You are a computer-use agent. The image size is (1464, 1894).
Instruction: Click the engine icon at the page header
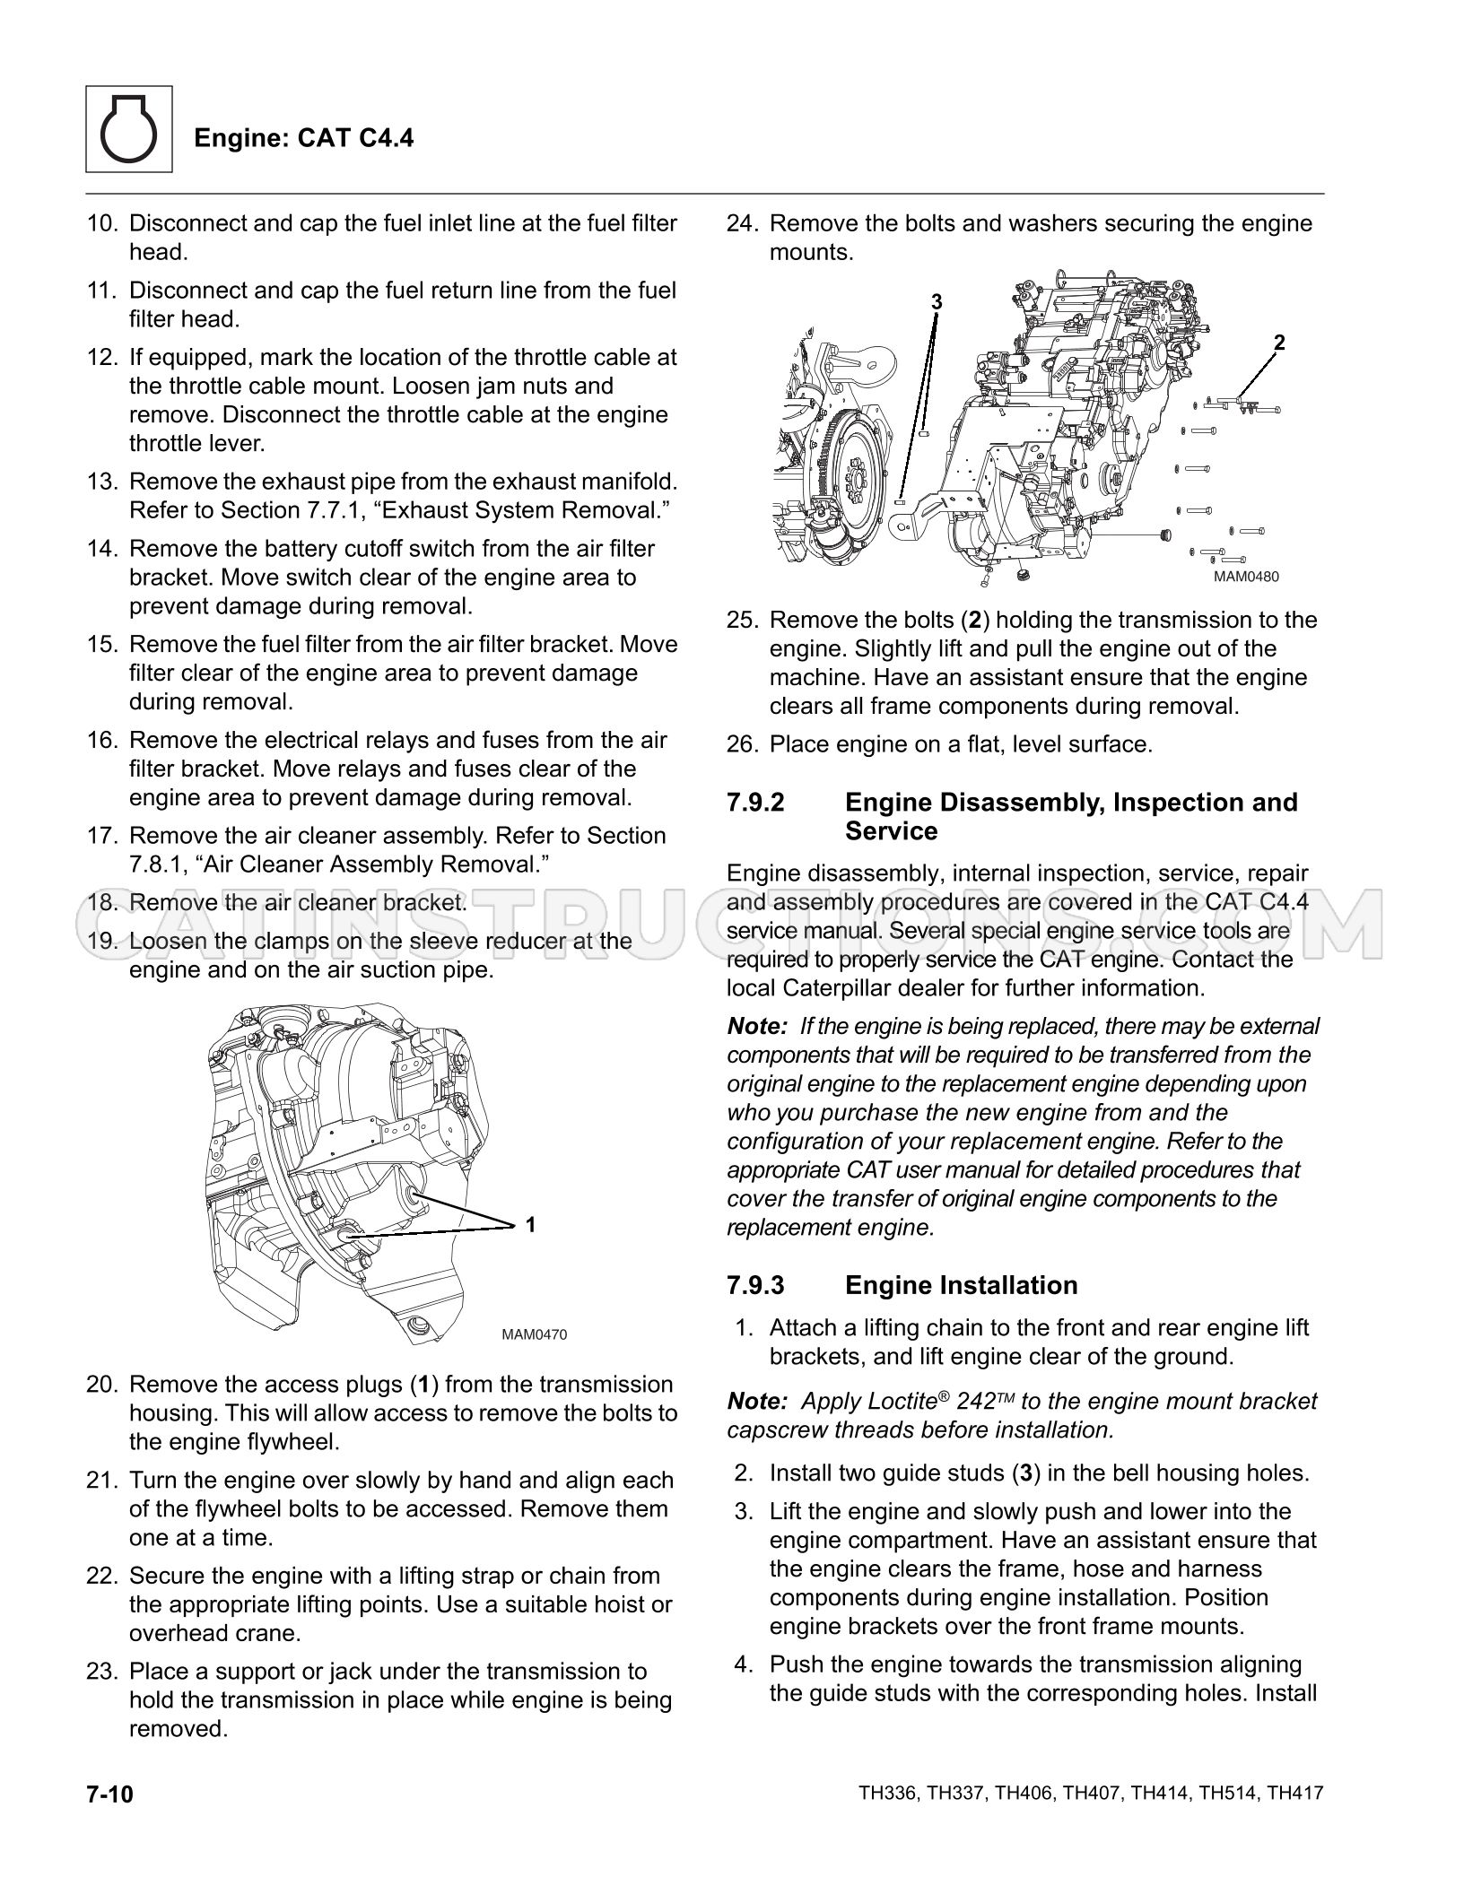(x=129, y=129)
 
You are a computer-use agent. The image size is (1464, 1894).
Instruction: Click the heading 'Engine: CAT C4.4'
(x=304, y=138)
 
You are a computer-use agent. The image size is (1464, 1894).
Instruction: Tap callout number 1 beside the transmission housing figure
(x=530, y=1224)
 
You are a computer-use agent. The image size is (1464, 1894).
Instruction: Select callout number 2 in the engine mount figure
(x=1279, y=342)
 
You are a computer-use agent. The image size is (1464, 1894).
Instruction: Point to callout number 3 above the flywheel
(x=937, y=302)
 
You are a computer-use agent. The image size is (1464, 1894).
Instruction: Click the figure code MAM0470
(x=535, y=1334)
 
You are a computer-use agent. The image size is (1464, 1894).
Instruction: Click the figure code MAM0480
(x=1246, y=577)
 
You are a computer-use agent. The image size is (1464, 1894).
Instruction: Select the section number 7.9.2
(x=755, y=802)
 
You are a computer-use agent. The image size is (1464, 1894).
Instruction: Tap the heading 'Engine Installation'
(x=962, y=1285)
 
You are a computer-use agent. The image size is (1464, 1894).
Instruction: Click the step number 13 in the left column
(x=101, y=482)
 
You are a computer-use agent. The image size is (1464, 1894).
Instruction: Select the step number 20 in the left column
(x=101, y=1385)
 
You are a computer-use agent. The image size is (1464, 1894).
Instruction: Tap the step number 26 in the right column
(x=742, y=744)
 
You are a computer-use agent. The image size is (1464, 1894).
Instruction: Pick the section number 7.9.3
(x=755, y=1285)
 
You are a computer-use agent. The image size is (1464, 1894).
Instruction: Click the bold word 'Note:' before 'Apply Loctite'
(x=757, y=1401)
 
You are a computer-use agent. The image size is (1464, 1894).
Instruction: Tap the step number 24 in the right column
(x=742, y=223)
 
